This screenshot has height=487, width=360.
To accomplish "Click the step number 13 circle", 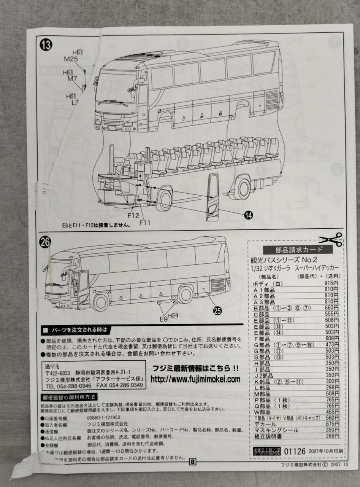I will [x=46, y=45].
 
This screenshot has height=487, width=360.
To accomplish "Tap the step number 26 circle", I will [x=45, y=242].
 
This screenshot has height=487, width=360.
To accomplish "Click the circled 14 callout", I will [x=249, y=215].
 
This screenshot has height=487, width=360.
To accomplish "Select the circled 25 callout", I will [x=217, y=311].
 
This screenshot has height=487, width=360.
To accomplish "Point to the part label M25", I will [x=71, y=59].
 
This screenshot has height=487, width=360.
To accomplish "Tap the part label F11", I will [x=144, y=222].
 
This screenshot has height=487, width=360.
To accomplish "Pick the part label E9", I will [x=163, y=319].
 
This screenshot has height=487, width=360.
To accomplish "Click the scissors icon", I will [x=331, y=239].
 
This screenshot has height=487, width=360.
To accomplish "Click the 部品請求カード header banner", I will [x=298, y=250].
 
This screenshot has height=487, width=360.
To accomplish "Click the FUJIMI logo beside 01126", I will [x=267, y=451].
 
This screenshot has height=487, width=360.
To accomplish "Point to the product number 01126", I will [x=295, y=451].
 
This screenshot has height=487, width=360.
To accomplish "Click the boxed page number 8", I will [x=193, y=462].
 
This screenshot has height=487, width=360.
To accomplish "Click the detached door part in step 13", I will [x=213, y=197].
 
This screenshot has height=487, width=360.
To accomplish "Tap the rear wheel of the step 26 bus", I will [x=185, y=294].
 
